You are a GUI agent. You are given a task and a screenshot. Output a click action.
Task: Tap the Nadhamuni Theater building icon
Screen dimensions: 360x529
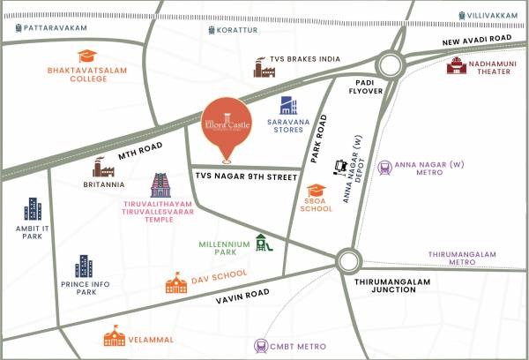456,66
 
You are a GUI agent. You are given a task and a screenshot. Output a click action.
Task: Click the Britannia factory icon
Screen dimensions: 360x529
103,167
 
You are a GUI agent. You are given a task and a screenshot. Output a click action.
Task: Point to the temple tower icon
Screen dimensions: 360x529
161,185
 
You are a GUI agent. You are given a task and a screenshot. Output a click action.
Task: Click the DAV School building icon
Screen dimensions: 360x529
176,282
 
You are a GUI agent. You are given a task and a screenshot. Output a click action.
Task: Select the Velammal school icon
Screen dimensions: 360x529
114,335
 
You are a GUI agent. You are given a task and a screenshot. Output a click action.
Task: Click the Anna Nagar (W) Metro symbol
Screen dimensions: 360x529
384,167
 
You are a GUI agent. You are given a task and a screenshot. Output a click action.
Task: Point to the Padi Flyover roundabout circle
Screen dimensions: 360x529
388,64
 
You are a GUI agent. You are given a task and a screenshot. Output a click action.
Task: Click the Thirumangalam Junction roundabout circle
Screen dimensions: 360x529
347,259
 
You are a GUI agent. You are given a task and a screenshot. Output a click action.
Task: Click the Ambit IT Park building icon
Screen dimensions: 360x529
33,210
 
